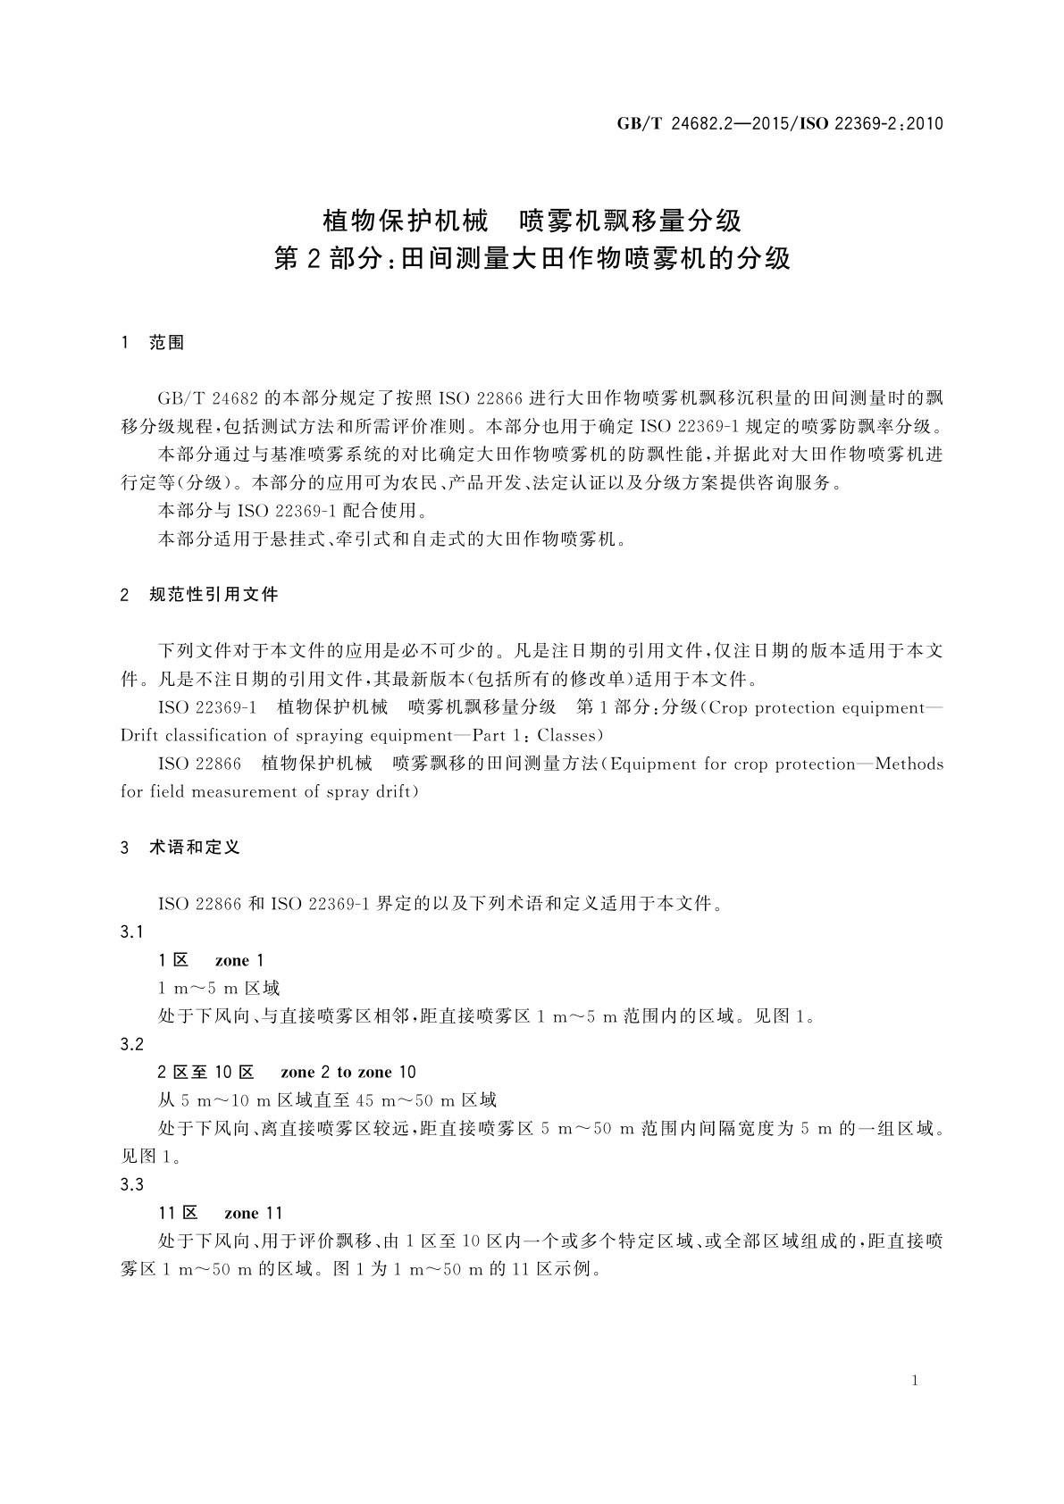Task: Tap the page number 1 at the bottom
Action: point(915,1381)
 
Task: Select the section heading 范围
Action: point(167,342)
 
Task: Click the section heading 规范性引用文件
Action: point(214,594)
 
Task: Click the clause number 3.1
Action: point(132,932)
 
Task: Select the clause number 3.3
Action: point(132,1185)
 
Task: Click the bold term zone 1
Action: point(239,961)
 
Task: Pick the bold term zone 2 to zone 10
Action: point(348,1073)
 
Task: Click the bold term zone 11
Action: point(254,1213)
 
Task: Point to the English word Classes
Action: point(569,736)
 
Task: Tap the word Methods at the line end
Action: point(909,764)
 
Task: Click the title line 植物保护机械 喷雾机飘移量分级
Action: point(532,219)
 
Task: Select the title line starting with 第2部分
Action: point(532,260)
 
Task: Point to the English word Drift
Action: point(139,736)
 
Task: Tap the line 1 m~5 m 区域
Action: point(219,989)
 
